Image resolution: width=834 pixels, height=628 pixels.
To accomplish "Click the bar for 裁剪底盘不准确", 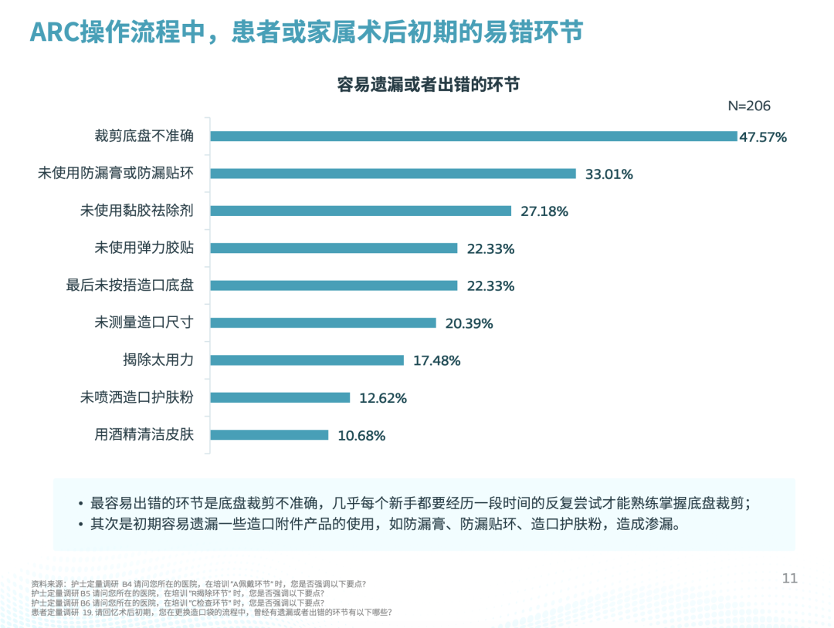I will click(473, 137).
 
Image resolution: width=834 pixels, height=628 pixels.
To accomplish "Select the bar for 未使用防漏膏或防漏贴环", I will click(393, 174).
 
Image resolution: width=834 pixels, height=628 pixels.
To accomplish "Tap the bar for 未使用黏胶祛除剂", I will click(361, 211).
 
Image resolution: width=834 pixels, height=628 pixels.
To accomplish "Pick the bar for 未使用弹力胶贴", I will click(334, 248).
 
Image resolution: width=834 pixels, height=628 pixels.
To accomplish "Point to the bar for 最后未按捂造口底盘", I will click(334, 285).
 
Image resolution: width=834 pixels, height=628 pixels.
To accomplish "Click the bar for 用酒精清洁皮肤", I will click(270, 435).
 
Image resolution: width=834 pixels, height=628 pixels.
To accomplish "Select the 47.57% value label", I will click(763, 137).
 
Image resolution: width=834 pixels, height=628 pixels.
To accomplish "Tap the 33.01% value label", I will click(609, 174).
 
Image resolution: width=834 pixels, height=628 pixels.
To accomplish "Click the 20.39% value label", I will click(469, 323).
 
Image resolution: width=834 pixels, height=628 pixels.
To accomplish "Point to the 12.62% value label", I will click(383, 398).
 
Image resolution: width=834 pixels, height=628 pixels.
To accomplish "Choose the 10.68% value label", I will click(361, 436).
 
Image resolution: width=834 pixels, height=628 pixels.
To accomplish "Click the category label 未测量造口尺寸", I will click(144, 323).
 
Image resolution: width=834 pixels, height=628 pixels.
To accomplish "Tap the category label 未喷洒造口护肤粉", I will click(137, 398).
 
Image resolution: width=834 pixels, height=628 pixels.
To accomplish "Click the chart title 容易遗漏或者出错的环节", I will click(429, 84).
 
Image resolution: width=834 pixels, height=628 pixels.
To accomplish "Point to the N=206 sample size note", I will click(749, 106).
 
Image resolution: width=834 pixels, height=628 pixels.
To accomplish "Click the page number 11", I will click(789, 579).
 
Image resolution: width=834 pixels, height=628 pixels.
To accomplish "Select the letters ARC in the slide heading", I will click(56, 32).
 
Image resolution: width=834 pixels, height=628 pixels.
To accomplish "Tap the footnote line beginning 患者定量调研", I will click(212, 612).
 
